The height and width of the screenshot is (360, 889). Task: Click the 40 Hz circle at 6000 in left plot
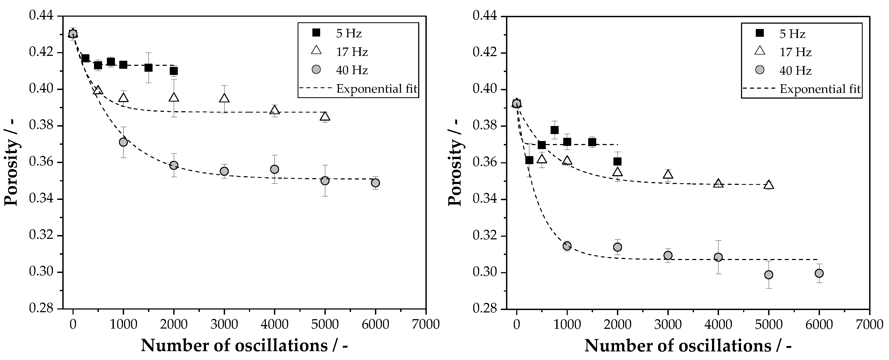(x=375, y=183)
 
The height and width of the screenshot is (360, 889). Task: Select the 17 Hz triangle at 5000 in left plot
(x=325, y=117)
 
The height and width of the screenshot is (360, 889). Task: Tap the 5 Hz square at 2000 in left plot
(x=174, y=71)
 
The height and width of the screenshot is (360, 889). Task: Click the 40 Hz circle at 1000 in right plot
(x=567, y=246)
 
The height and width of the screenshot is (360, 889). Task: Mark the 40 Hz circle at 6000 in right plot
(x=819, y=273)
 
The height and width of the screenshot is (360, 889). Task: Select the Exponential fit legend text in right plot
(x=820, y=89)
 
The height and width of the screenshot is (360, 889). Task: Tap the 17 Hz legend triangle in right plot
(x=760, y=51)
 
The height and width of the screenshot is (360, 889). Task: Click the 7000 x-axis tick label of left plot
(x=425, y=325)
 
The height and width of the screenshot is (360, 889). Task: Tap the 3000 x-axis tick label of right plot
(x=668, y=325)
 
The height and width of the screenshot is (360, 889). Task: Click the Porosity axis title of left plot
(x=11, y=162)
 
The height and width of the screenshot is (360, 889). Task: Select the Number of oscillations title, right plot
(x=688, y=345)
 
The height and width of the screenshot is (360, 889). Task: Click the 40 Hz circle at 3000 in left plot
(x=224, y=171)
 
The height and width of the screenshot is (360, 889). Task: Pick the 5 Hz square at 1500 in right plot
(x=592, y=142)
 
